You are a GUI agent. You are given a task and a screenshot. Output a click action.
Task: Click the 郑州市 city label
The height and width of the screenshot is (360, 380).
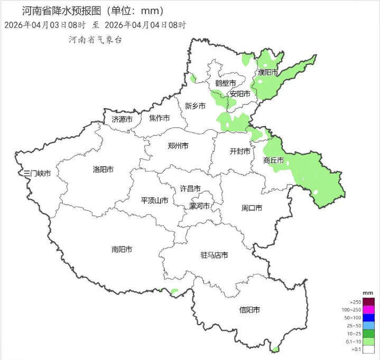coord(178,146)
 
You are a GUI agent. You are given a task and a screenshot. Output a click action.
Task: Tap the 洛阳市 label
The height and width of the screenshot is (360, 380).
coord(103,170)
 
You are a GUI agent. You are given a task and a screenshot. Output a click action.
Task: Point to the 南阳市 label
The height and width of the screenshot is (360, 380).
coord(122,249)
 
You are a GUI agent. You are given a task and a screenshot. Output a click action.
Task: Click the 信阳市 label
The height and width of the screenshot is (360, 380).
coord(249,310)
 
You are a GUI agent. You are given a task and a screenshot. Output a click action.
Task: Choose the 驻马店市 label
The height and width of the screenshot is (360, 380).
coord(214,255)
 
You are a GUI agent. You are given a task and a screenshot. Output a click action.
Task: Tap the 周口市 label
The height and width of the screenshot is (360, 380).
coord(252,208)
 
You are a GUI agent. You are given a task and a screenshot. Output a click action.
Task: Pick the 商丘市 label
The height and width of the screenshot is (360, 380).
coord(273,160)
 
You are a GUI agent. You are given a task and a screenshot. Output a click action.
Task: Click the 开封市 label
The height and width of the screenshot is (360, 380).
coord(239,151)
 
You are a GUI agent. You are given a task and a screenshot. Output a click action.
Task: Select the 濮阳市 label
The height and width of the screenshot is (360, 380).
coord(267,72)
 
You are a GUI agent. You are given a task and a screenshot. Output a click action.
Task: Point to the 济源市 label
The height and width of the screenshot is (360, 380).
coord(122,119)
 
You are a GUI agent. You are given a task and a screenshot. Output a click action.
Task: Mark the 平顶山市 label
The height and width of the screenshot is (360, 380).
coord(154,201)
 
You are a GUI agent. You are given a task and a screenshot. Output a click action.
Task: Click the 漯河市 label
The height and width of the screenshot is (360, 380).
coord(199,206)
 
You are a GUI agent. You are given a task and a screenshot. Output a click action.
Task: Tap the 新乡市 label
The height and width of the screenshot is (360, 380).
coord(195,106)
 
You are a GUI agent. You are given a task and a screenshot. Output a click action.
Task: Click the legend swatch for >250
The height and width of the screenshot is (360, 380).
coord(368,301)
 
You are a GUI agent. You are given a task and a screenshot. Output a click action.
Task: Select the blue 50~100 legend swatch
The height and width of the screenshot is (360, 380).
coord(368,317)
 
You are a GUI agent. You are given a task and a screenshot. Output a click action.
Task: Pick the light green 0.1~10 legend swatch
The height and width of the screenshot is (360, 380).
coord(368,341)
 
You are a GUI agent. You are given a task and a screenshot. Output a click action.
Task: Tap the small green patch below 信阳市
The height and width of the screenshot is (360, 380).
coord(275,349)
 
